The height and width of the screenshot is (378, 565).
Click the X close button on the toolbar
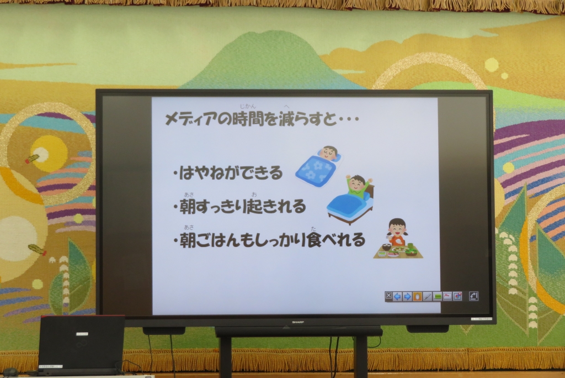pos(388,296)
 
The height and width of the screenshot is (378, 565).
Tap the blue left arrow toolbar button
pos(397,296)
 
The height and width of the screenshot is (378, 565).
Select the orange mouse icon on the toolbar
pos(417,296)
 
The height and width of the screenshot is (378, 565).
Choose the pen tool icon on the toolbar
pos(427,296)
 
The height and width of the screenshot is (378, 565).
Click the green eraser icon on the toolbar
pos(437,296)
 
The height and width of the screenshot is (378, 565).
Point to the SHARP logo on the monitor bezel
pos(297,322)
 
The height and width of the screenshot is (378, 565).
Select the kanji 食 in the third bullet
pos(313,240)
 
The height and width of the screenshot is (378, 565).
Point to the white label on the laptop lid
pos(82,334)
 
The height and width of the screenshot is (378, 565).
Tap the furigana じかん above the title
pos(248,107)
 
